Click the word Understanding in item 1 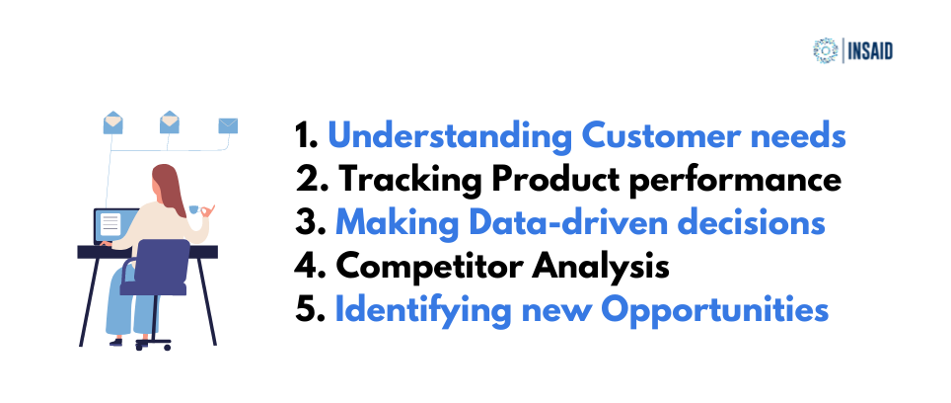(x=450, y=137)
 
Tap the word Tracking (x=409, y=181)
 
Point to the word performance (x=735, y=181)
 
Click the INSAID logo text (x=870, y=51)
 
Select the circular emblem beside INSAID (x=826, y=51)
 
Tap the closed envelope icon (x=228, y=125)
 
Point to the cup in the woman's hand (x=194, y=209)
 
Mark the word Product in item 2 (x=555, y=181)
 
